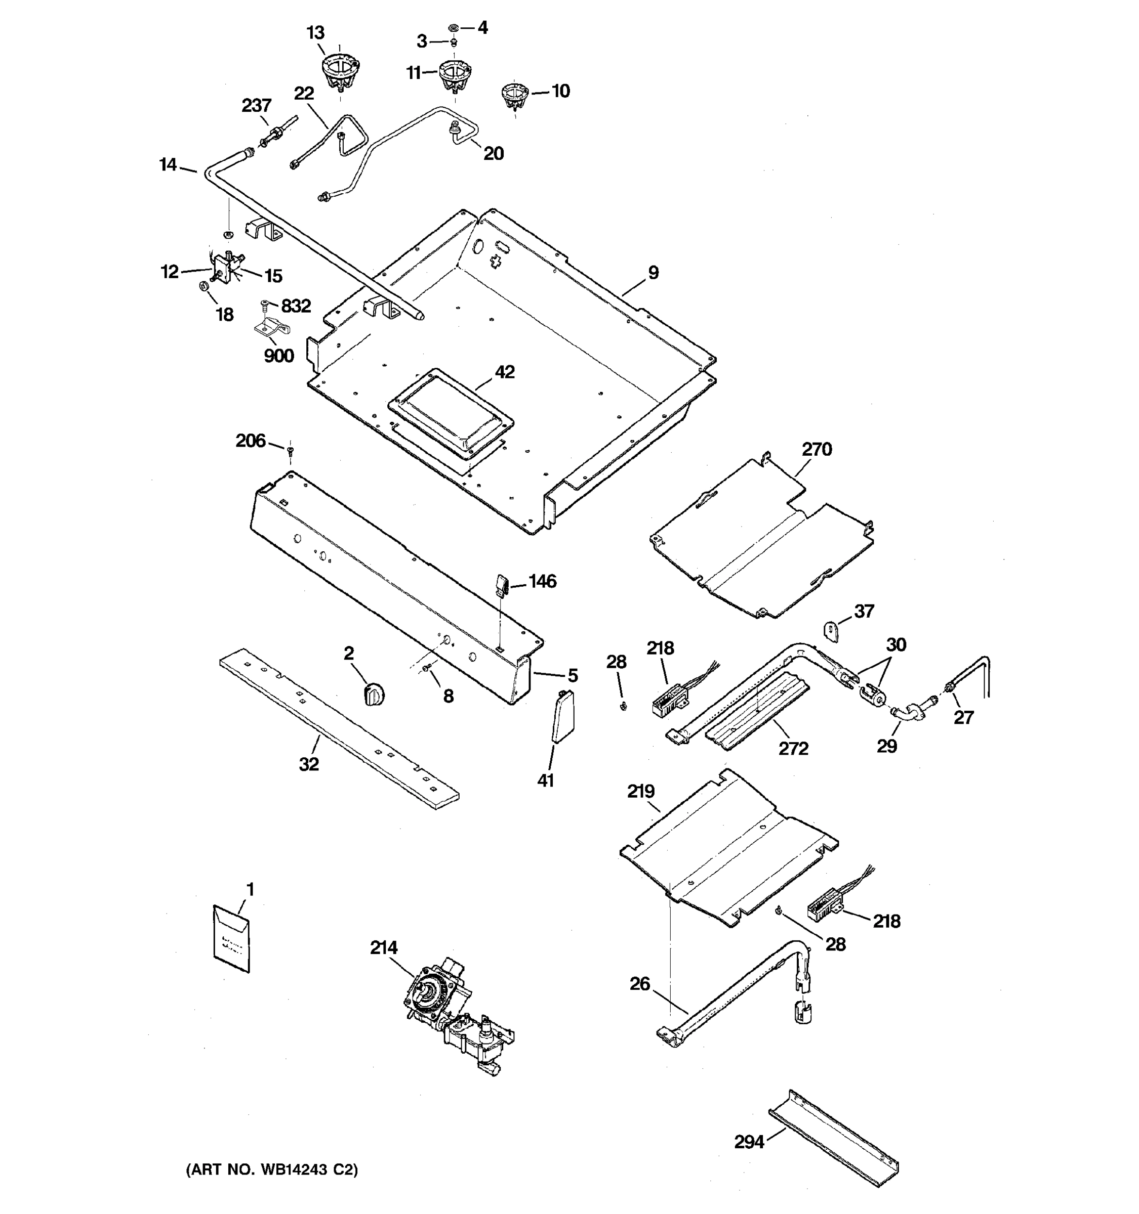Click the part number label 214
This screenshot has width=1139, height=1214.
pyautogui.click(x=383, y=947)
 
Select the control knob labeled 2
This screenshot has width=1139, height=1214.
pyautogui.click(x=374, y=695)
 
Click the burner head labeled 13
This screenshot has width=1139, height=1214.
pyautogui.click(x=340, y=69)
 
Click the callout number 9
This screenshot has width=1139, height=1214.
pyautogui.click(x=653, y=272)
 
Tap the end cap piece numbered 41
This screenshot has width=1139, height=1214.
pyautogui.click(x=562, y=717)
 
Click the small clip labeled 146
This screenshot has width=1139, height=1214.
pyautogui.click(x=502, y=584)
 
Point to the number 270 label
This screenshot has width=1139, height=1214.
pyautogui.click(x=817, y=450)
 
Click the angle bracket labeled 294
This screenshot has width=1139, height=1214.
pyautogui.click(x=833, y=1139)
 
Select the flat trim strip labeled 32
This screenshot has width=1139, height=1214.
pyautogui.click(x=339, y=729)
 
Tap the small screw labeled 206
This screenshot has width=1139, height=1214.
pyautogui.click(x=290, y=451)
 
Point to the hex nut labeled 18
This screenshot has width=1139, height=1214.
pyautogui.click(x=205, y=286)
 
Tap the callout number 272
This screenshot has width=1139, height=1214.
pyautogui.click(x=793, y=748)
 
